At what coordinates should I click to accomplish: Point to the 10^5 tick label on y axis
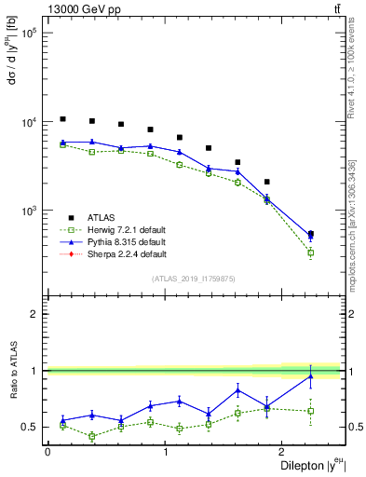tap(28, 34)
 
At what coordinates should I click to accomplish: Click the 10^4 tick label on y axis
tap(28, 122)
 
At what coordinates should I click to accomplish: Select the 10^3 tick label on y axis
tap(28, 211)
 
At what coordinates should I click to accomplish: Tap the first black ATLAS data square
tap(62, 119)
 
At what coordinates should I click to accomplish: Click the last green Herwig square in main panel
tap(310, 252)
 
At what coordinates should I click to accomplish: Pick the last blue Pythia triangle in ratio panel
tap(310, 375)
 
